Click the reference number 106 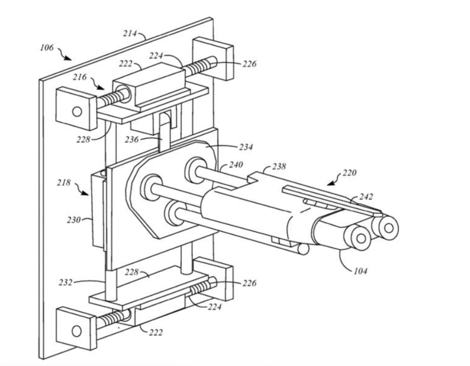tap(47, 48)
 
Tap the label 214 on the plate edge tap(130, 33)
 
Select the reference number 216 tap(80, 77)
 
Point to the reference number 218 tap(64, 183)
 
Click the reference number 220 tap(349, 173)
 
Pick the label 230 tap(73, 220)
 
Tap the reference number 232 tap(65, 282)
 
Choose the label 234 tap(246, 147)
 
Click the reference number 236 tap(132, 139)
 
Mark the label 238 tap(279, 166)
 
